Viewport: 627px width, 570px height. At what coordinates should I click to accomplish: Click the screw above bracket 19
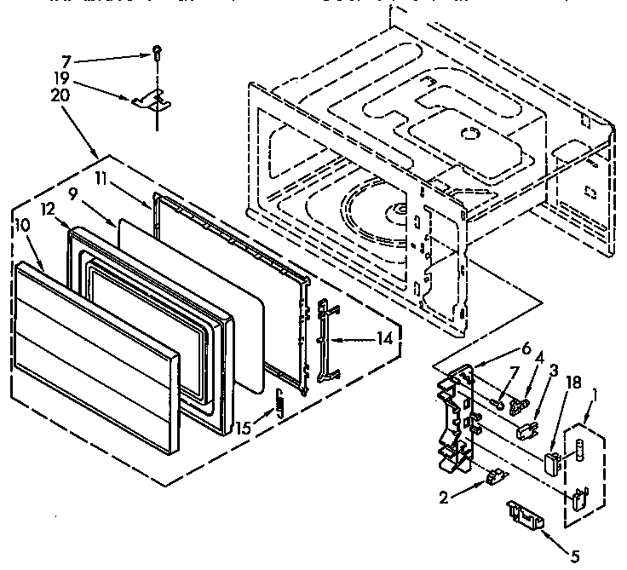point(158,55)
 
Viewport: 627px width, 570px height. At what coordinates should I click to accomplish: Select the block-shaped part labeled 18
point(551,463)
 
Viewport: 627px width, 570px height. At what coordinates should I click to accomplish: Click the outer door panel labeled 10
point(94,358)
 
